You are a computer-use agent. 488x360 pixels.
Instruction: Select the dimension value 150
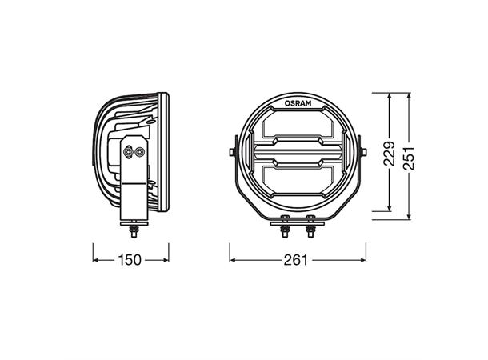(131, 260)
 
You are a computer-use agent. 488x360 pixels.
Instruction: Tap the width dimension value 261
(298, 260)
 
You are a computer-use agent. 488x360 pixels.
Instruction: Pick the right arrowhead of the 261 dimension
(364, 260)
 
